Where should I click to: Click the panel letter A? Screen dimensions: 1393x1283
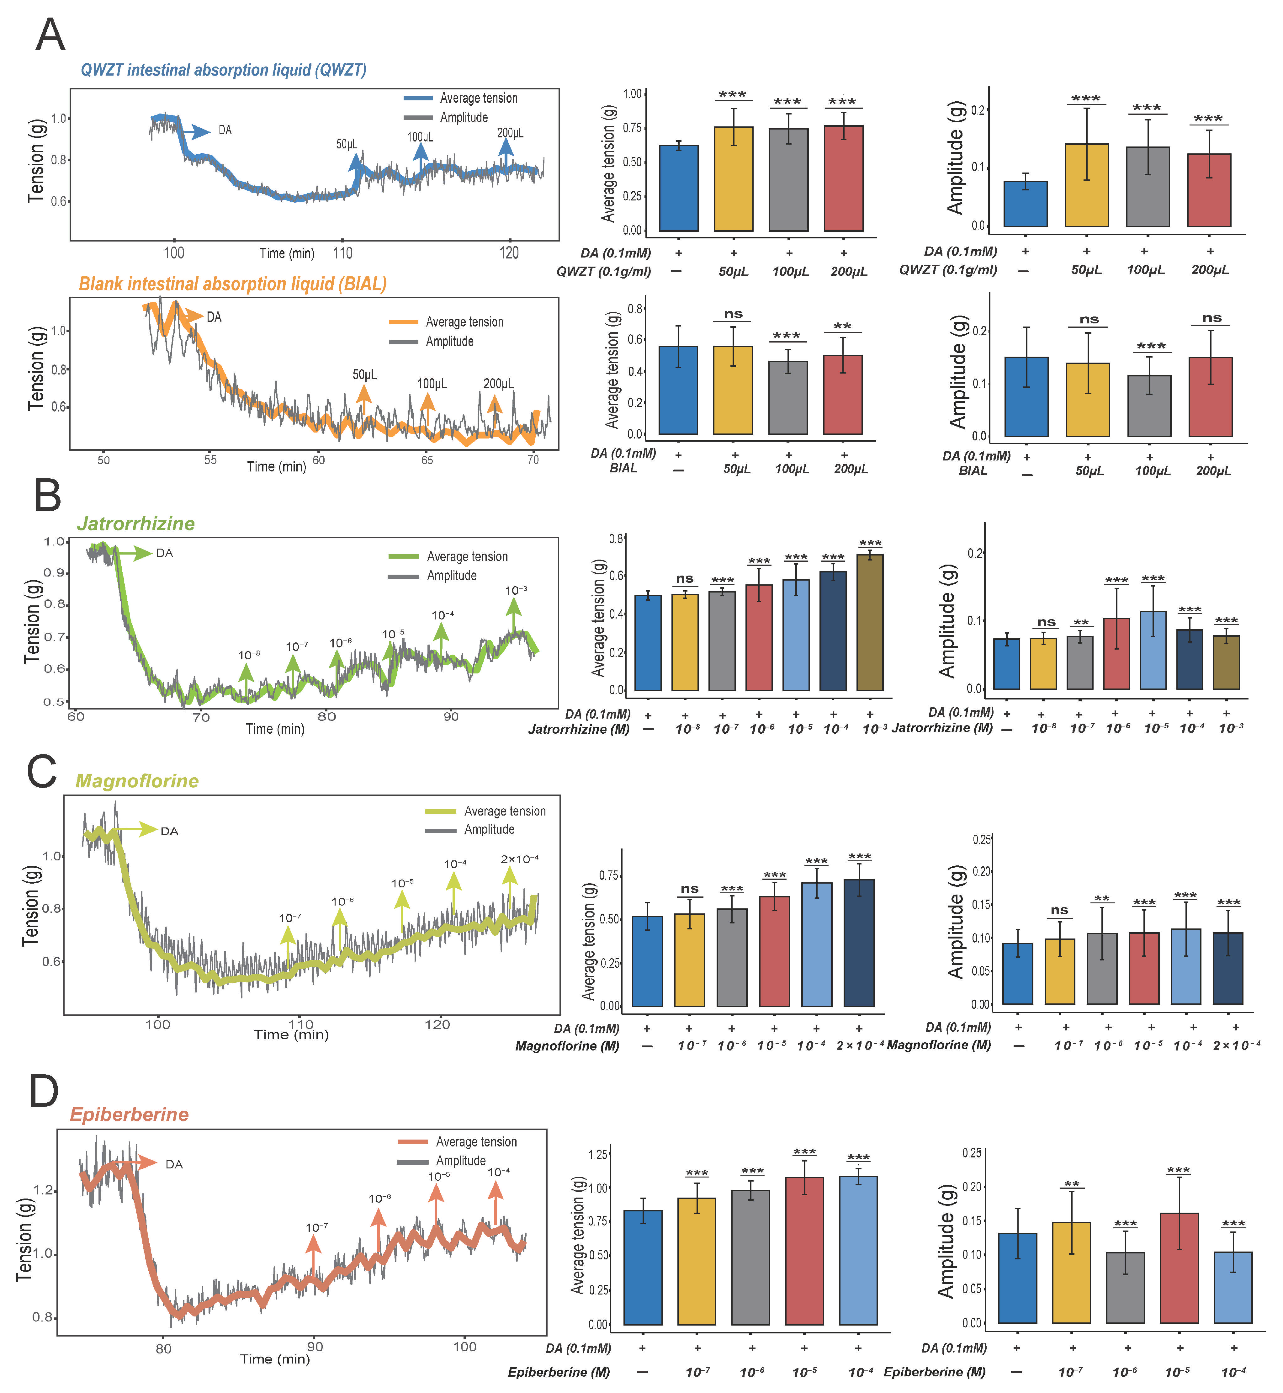[x=50, y=35]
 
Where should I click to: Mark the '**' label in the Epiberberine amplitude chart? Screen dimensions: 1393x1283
[x=1072, y=1185]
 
